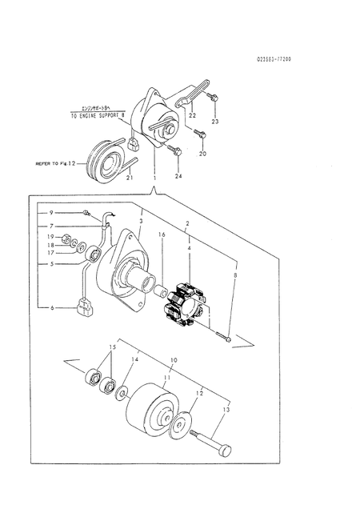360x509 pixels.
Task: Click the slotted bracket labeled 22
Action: click(x=194, y=91)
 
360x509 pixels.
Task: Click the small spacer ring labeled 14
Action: click(x=122, y=392)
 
